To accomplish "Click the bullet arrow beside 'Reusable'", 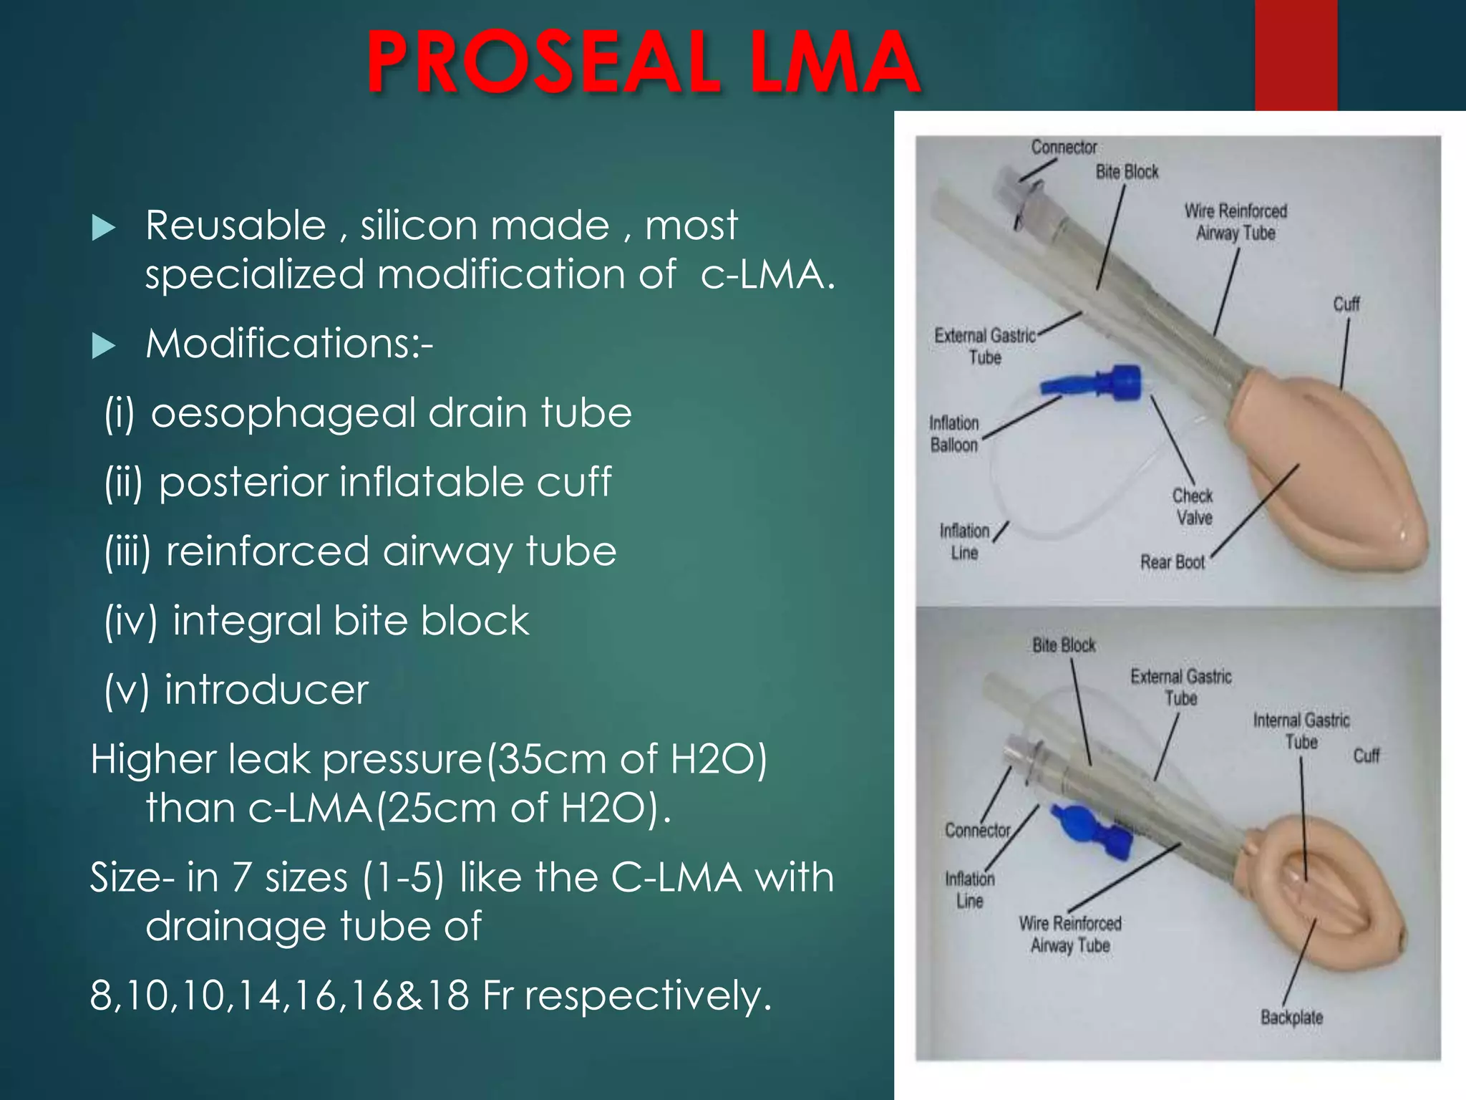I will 104,228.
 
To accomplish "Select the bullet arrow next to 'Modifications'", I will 104,346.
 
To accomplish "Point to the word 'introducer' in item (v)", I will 266,690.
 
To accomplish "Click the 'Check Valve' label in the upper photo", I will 1193,506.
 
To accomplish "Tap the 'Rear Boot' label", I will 1173,562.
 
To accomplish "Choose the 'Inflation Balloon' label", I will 953,434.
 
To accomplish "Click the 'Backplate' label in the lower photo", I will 1291,1018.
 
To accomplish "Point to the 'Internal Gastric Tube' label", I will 1301,731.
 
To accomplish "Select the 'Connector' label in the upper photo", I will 1064,148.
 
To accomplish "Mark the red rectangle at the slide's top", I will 1296,54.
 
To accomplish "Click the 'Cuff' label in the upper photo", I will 1346,305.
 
